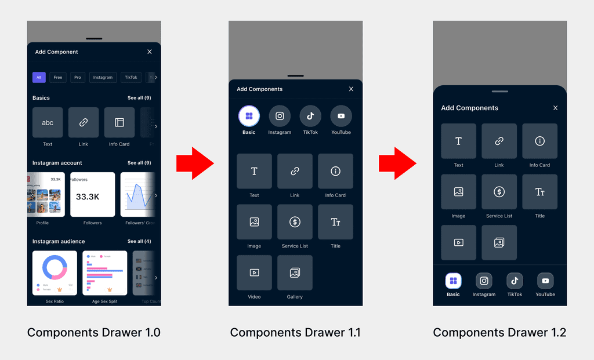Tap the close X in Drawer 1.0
[x=150, y=52]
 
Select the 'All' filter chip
[x=39, y=77]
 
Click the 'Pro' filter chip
[x=77, y=77]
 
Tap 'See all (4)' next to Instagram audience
[x=139, y=241]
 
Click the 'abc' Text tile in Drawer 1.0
[x=48, y=122]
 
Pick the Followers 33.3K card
[x=92, y=195]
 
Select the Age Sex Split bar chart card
[x=105, y=272]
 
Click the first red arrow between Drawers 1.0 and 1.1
[x=195, y=164]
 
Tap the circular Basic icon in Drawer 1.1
[x=249, y=116]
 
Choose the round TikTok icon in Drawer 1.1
[x=310, y=116]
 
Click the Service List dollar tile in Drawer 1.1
[x=295, y=222]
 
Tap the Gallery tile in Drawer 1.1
[x=295, y=272]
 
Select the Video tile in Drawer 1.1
[x=254, y=272]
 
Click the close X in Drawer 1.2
[x=555, y=108]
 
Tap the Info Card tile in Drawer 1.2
[x=539, y=141]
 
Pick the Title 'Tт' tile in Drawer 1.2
[x=539, y=192]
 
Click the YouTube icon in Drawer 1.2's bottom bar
[x=545, y=281]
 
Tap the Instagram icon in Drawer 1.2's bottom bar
[x=484, y=281]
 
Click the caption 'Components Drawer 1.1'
[x=295, y=333]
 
